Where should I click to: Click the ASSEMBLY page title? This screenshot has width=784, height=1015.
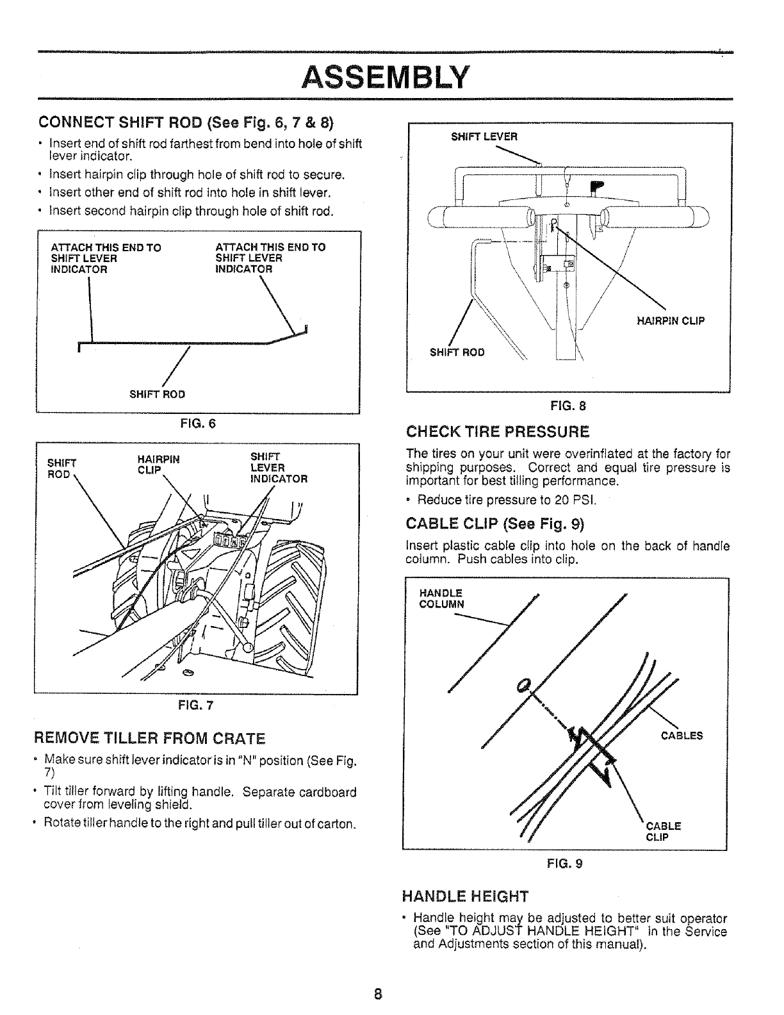pyautogui.click(x=386, y=78)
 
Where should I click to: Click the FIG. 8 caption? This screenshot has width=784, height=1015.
pyautogui.click(x=569, y=405)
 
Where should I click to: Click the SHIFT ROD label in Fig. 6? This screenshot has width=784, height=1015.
pyautogui.click(x=157, y=394)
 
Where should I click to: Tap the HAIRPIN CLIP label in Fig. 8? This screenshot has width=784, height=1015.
pyautogui.click(x=671, y=321)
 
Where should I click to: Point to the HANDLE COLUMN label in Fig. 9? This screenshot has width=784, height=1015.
pyautogui.click(x=441, y=598)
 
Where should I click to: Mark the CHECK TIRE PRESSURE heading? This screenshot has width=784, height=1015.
pyautogui.click(x=497, y=430)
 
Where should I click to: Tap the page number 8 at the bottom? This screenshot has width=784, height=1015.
pyautogui.click(x=379, y=994)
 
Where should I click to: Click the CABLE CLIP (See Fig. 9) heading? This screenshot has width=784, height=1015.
pyautogui.click(x=496, y=524)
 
